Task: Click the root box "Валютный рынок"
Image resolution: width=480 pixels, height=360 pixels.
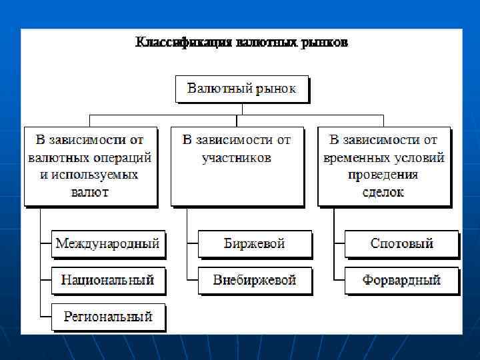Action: (241, 89)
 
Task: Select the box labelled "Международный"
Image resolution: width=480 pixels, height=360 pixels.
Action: (107, 244)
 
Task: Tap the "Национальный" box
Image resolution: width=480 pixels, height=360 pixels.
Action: (107, 280)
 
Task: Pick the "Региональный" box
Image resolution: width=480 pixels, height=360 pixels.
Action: (107, 317)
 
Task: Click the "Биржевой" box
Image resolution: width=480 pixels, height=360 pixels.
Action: (254, 244)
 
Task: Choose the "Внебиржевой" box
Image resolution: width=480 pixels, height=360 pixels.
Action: (254, 280)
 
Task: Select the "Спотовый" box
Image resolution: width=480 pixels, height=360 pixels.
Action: (401, 244)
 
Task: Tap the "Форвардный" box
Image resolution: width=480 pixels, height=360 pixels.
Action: (401, 280)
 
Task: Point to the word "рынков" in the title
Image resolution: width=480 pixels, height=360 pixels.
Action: (324, 43)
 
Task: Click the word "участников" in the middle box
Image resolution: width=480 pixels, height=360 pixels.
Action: (237, 158)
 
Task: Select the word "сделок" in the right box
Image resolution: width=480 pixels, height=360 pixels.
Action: (383, 193)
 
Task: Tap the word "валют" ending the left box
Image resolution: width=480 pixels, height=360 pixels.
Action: (90, 193)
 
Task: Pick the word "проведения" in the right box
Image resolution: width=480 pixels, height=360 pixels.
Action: (383, 175)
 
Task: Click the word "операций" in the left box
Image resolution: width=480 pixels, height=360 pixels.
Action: (124, 158)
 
